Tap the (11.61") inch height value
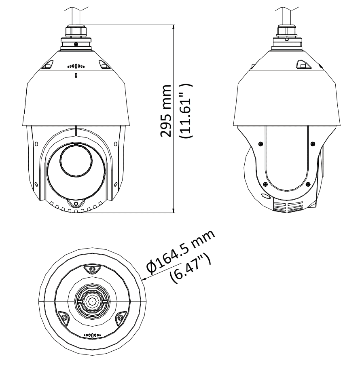[186, 112]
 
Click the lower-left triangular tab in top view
[63, 318]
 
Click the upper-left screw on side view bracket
[259, 143]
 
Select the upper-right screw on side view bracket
[312, 143]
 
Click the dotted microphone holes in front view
[76, 66]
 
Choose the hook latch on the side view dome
[302, 64]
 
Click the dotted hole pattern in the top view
[92, 335]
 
